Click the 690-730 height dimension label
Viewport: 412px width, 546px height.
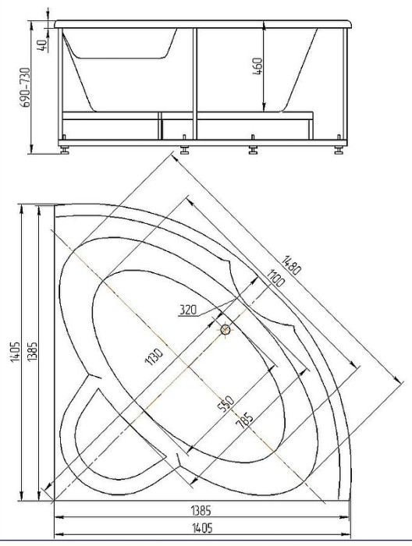pos(26,87)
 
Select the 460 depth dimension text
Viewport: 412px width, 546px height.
pos(257,66)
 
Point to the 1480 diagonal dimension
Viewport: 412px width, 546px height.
pos(291,265)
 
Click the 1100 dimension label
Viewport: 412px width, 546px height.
pos(275,278)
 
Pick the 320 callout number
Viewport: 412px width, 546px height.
pos(188,309)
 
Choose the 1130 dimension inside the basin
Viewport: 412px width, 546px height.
pos(154,356)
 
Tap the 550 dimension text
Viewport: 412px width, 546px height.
pos(226,404)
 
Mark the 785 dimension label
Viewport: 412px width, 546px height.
pos(244,421)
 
